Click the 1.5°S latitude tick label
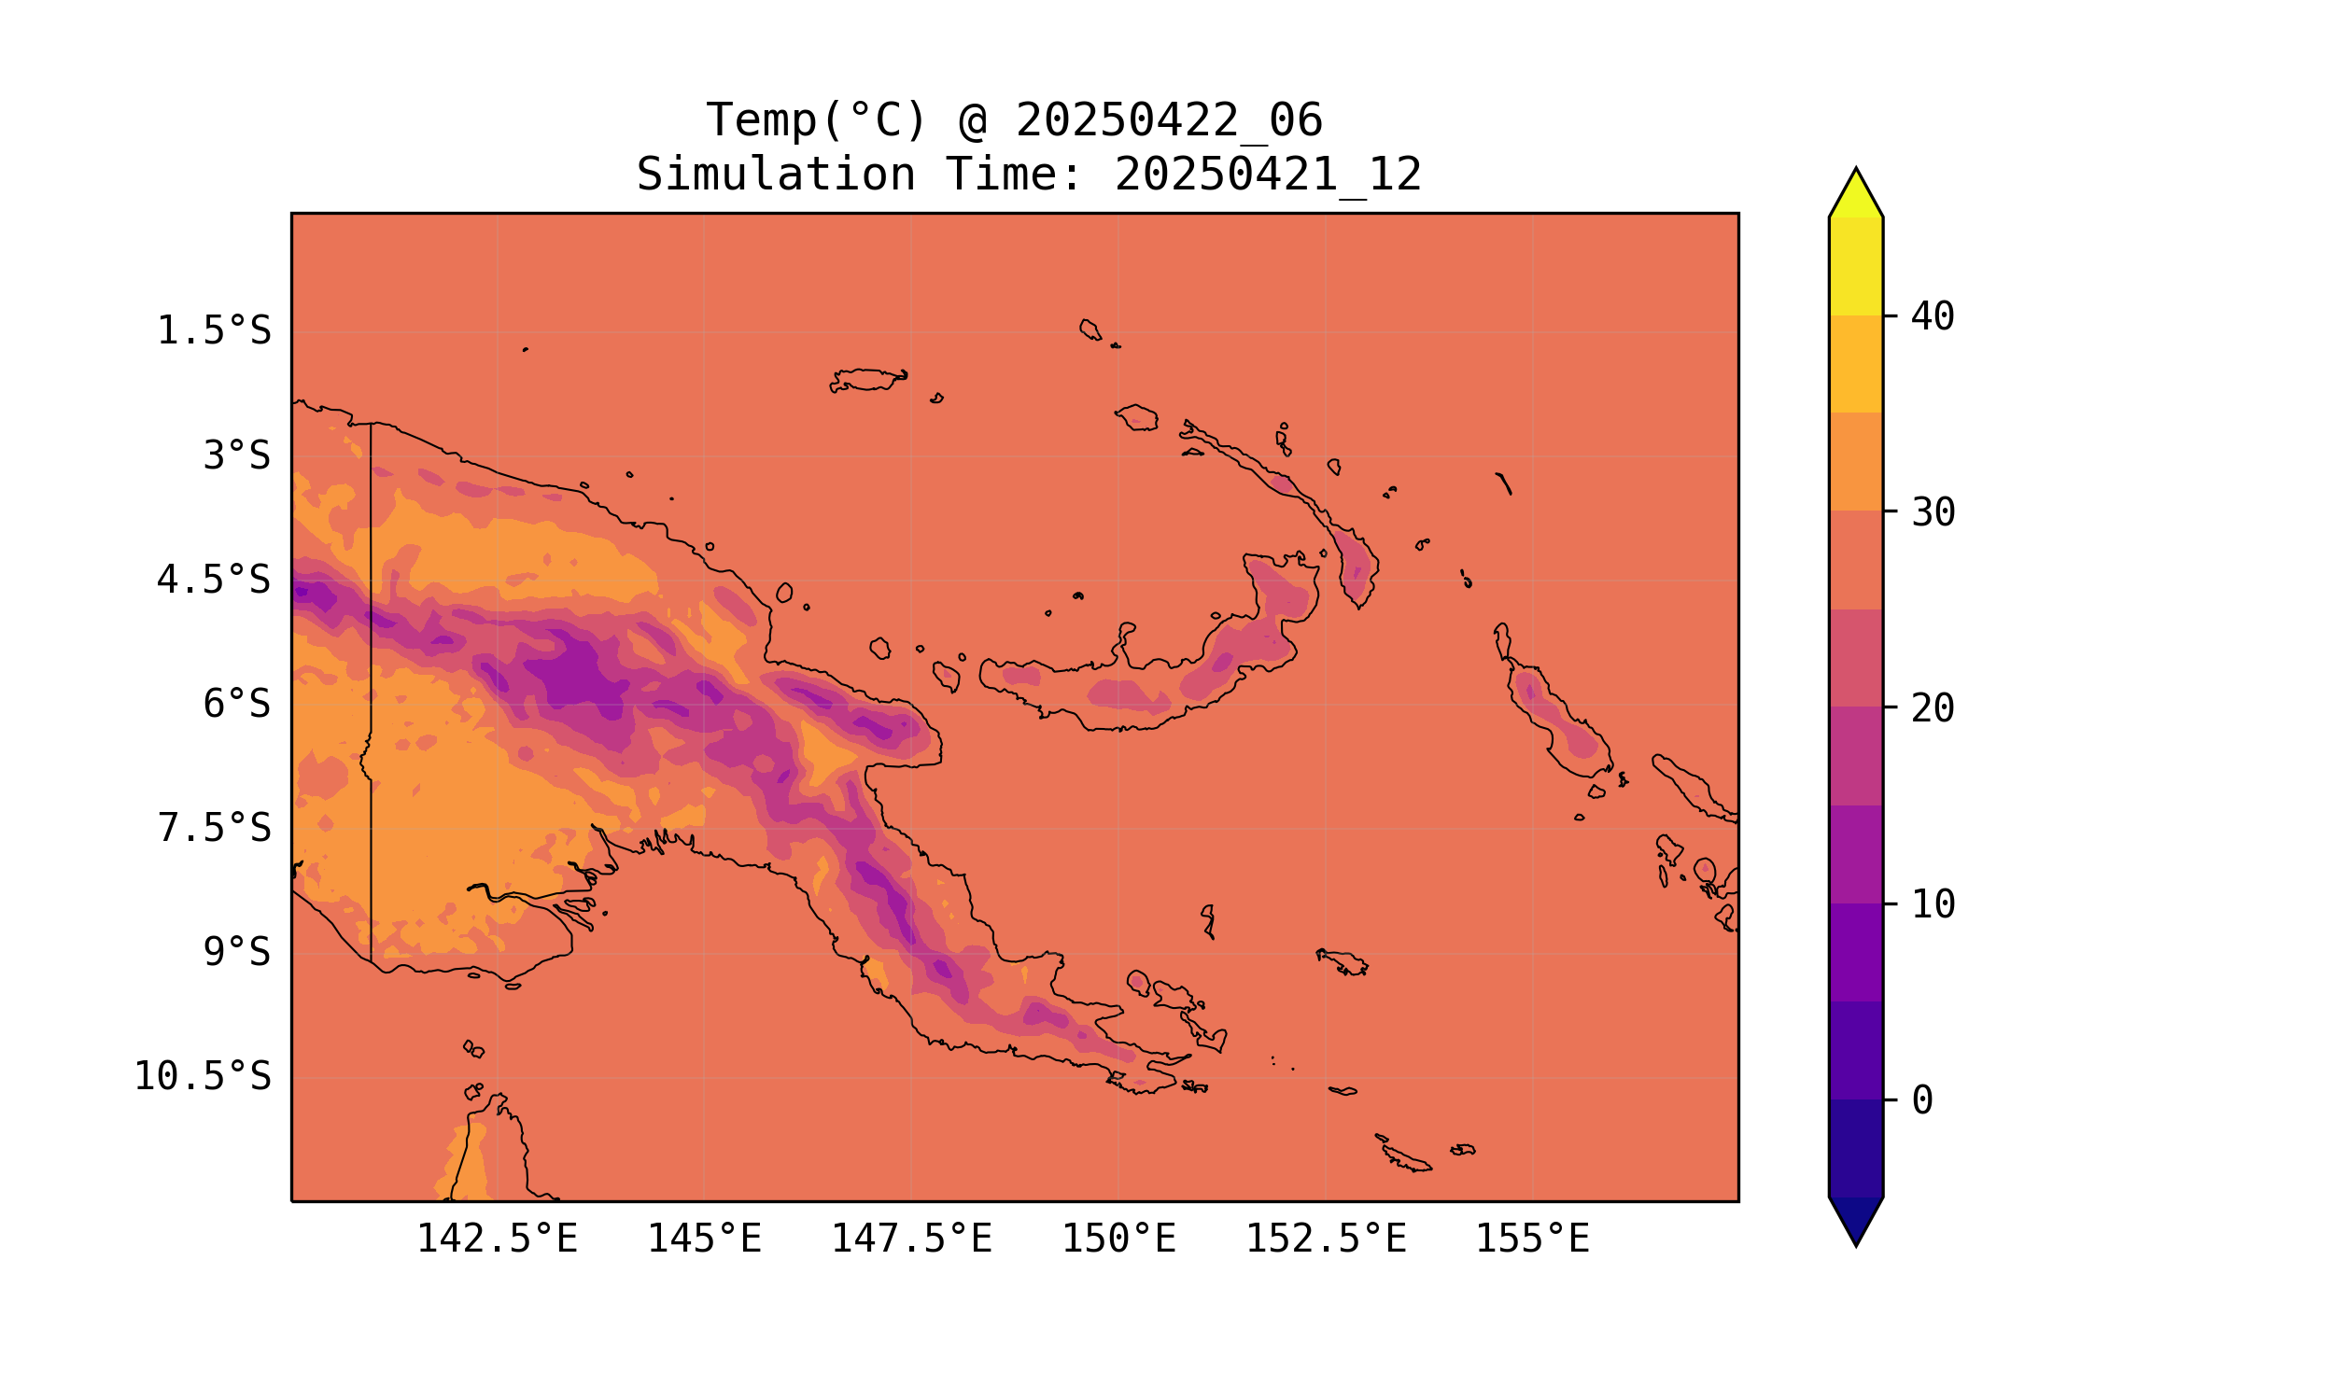213,331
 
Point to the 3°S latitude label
236,455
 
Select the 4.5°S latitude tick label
213,581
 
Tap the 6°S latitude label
236,704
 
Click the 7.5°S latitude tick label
213,828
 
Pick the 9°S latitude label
236,952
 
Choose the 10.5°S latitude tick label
202,1076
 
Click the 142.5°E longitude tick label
497,1239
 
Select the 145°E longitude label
704,1239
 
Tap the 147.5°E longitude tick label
910,1239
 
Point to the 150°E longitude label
1118,1239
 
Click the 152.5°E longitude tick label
1326,1239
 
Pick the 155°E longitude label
1532,1239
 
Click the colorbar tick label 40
1933,317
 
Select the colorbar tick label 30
1933,513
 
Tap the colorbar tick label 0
1921,1101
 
